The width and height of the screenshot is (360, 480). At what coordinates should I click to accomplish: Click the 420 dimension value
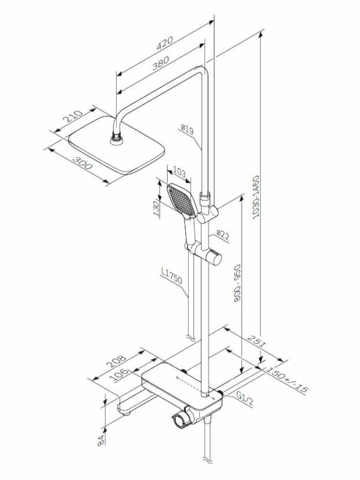tap(164, 43)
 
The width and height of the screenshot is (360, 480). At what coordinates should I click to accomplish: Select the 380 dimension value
tap(160, 63)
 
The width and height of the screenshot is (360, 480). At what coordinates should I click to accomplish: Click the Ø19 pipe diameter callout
tap(187, 129)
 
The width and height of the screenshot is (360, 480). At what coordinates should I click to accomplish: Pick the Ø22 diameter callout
tap(223, 235)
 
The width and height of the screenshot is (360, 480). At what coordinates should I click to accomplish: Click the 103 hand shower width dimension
tap(179, 173)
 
